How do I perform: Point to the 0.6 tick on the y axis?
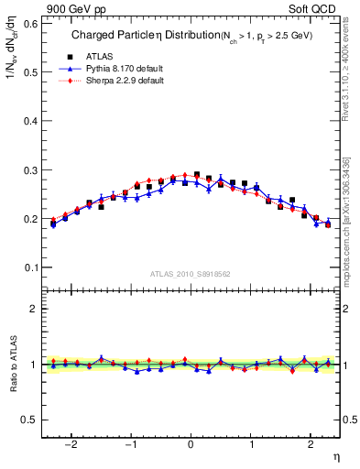click(32, 25)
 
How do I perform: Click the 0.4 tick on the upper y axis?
click(32, 122)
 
